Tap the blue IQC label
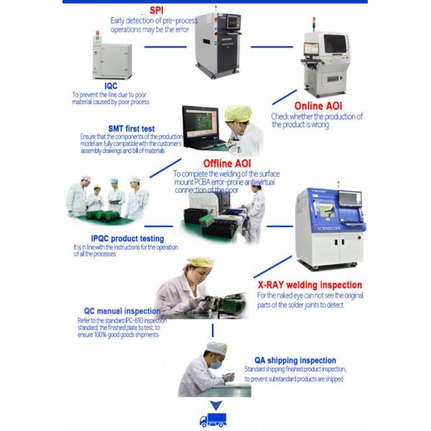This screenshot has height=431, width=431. [110, 85]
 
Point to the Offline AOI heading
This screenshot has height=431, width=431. [203, 163]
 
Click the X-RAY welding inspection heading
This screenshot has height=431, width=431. [310, 284]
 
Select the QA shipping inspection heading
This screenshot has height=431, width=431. [295, 361]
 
